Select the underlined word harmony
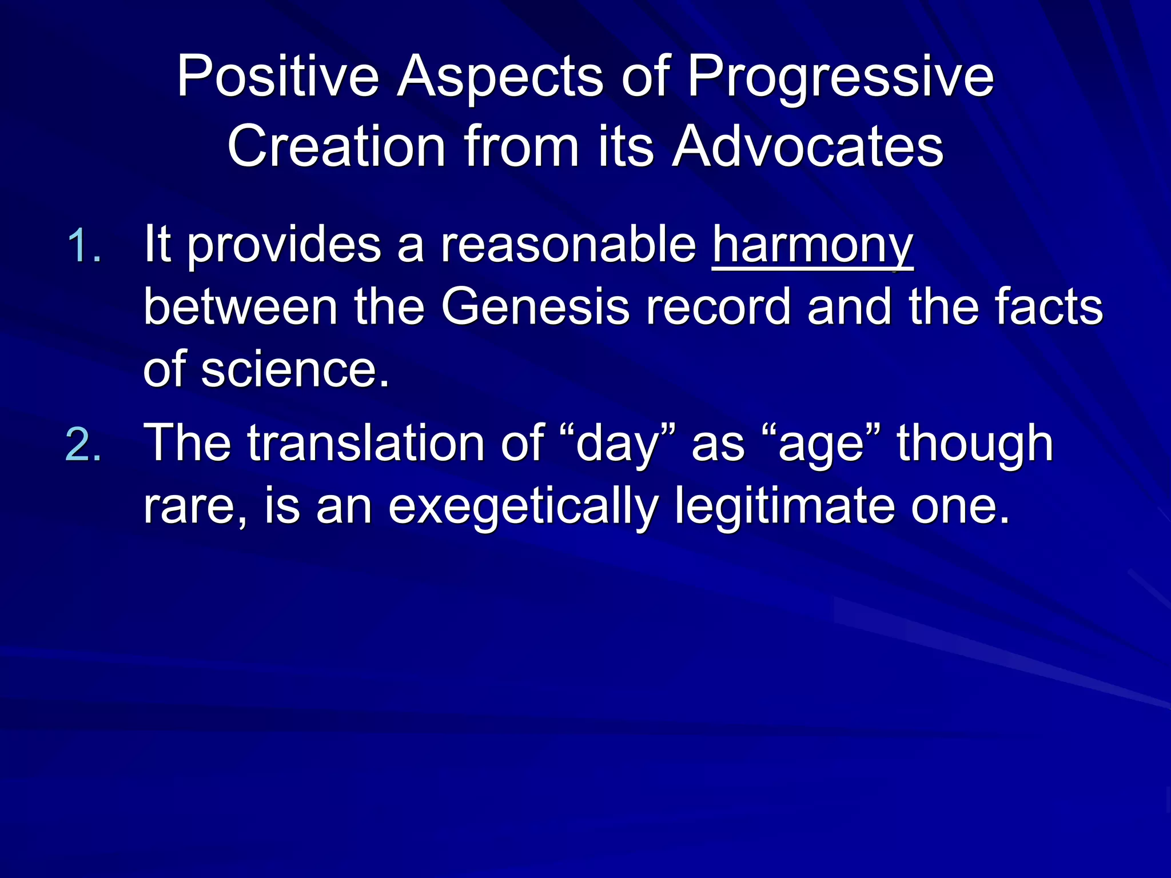812,246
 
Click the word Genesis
535,308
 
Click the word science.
295,370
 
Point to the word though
975,444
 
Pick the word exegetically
523,506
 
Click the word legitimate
784,506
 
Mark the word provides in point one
284,246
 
